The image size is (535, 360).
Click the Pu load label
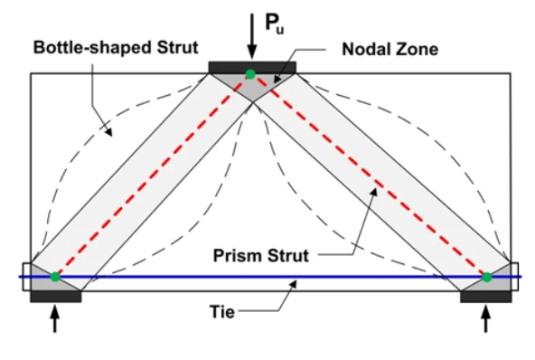click(x=275, y=24)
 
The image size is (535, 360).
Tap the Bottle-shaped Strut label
click(x=116, y=47)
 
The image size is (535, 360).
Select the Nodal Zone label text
click(x=390, y=49)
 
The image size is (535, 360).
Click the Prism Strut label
click(x=261, y=255)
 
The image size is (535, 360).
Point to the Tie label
click(x=222, y=312)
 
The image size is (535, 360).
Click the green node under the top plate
click(x=250, y=74)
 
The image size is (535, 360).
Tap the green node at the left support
click(x=55, y=277)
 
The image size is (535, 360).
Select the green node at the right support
click(x=487, y=277)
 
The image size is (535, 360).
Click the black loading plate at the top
click(x=252, y=67)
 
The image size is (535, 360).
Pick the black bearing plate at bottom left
click(x=56, y=297)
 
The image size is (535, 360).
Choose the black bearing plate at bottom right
click(x=486, y=297)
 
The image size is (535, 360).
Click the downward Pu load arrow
click(x=252, y=36)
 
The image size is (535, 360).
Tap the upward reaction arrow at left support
click(x=55, y=318)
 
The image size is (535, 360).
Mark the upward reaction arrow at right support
click(x=486, y=318)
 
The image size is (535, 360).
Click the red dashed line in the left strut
click(x=153, y=175)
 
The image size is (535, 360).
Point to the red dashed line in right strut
click(x=369, y=175)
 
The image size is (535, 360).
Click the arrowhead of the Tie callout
click(x=293, y=284)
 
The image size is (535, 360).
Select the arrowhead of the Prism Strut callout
click(x=374, y=192)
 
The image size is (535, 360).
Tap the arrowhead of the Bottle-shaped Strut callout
click(x=108, y=132)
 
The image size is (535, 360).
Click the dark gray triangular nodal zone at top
click(x=252, y=84)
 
